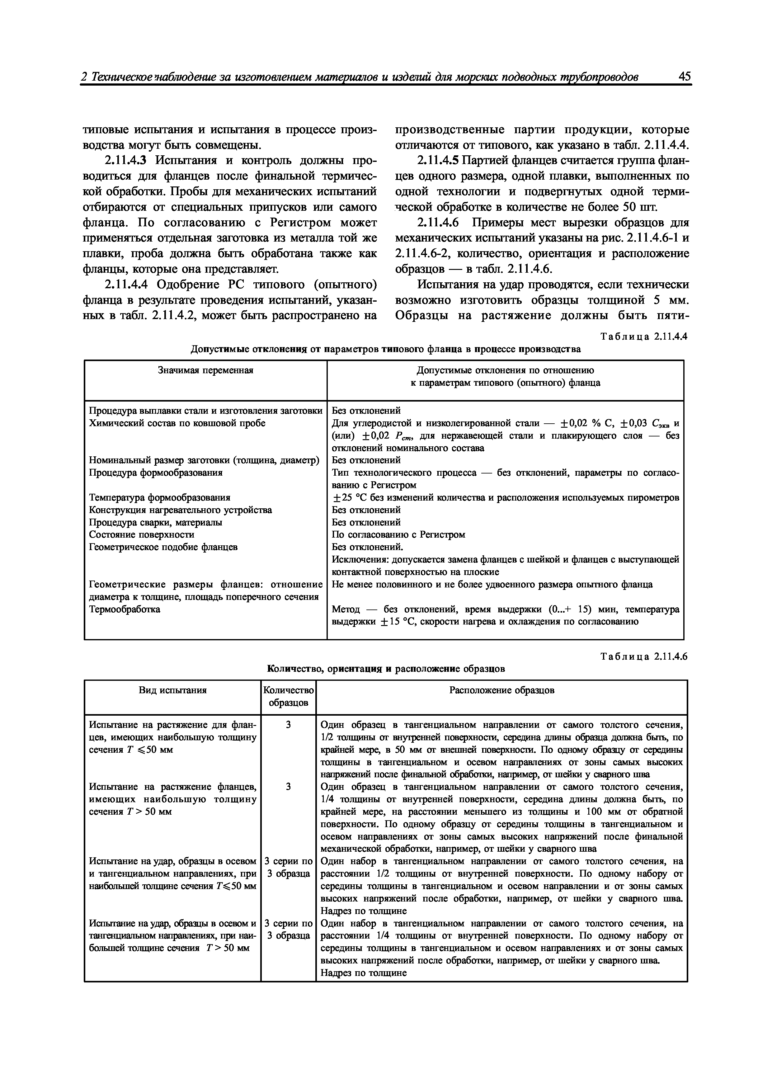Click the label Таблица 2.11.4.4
pos(644,337)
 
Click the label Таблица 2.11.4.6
pos(644,657)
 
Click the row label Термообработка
pos(125,609)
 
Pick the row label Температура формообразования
pos(160,497)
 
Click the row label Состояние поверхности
pos(142,534)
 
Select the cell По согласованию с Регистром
pos(398,534)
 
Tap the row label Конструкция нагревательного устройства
pos(181,510)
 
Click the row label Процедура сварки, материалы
pos(156,522)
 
